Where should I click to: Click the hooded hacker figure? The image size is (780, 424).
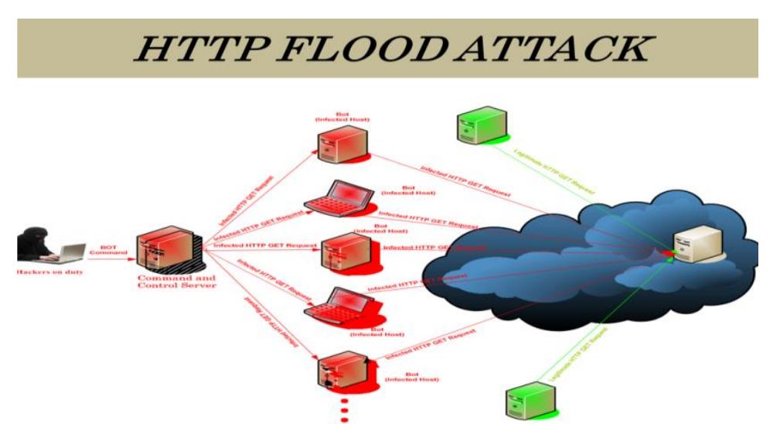pyautogui.click(x=35, y=245)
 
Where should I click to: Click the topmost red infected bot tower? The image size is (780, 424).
pyautogui.click(x=341, y=143)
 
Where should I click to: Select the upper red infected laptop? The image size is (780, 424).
pyautogui.click(x=334, y=197)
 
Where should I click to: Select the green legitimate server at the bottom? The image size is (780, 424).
pyautogui.click(x=526, y=398)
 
